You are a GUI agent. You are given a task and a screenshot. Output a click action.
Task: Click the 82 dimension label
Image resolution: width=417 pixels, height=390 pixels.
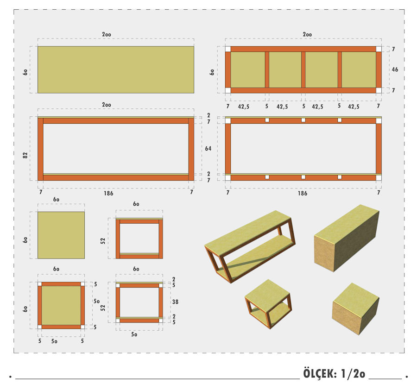pyautogui.click(x=25, y=155)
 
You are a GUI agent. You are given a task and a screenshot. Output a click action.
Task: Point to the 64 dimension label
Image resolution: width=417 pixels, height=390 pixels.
pyautogui.click(x=208, y=149)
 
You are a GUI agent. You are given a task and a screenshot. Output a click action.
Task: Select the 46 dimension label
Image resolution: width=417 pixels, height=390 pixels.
pyautogui.click(x=395, y=69)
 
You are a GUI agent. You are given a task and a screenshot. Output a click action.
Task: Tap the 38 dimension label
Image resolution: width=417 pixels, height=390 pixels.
pyautogui.click(x=175, y=302)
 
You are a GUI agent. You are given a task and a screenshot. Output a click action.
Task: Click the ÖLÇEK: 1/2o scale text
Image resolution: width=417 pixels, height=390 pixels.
pyautogui.click(x=334, y=373)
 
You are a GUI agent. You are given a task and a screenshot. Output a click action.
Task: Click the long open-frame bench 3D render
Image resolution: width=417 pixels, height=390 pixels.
pyautogui.click(x=250, y=246)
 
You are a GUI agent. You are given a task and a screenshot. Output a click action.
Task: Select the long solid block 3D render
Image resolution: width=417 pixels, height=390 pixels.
pyautogui.click(x=347, y=238)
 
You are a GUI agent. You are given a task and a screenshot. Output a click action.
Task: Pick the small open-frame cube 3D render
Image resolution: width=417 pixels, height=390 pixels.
pyautogui.click(x=268, y=304)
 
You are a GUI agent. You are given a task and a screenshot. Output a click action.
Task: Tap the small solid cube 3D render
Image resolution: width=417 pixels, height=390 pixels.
pyautogui.click(x=355, y=308)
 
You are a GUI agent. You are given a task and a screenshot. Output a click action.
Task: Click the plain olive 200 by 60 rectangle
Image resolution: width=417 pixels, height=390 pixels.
pyautogui.click(x=116, y=69)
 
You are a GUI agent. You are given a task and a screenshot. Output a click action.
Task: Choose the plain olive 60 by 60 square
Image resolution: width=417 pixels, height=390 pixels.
pyautogui.click(x=61, y=235)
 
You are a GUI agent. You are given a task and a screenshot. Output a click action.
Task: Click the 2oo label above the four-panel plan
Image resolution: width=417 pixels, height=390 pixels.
pyautogui.click(x=307, y=34)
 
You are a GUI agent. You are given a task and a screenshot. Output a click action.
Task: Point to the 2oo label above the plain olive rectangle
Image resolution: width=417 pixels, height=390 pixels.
pyautogui.click(x=107, y=34)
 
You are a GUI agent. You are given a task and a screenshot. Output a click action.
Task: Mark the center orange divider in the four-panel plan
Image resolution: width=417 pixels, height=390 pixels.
pyautogui.click(x=303, y=69)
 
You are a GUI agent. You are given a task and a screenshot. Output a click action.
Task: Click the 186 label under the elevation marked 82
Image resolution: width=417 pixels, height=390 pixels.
pyautogui.click(x=108, y=193)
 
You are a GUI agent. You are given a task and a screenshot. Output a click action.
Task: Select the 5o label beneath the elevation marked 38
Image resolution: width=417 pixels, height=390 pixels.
pyautogui.click(x=134, y=334)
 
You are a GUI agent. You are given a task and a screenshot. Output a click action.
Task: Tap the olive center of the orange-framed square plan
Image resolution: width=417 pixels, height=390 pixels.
pyautogui.click(x=61, y=305)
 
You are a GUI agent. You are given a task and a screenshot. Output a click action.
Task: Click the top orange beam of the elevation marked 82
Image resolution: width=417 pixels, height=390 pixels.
pyautogui.click(x=116, y=121)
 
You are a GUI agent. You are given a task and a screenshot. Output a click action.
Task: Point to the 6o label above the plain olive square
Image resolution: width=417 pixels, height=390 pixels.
pyautogui.click(x=56, y=199)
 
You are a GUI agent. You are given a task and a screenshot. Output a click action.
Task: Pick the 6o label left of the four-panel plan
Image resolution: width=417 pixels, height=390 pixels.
pyautogui.click(x=212, y=72)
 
